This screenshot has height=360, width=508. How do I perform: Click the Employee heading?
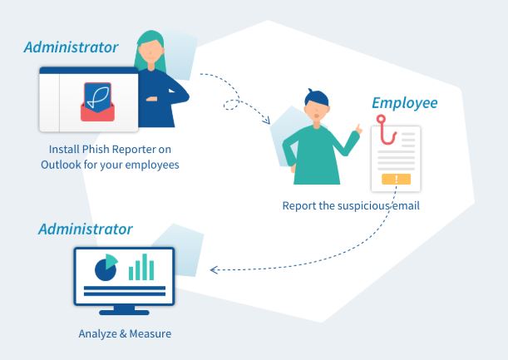[405, 103]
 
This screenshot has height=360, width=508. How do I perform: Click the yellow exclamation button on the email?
[396, 179]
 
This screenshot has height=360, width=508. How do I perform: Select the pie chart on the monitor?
[106, 268]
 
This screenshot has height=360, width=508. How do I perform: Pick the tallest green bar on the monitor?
[145, 267]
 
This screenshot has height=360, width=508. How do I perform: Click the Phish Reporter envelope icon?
[97, 101]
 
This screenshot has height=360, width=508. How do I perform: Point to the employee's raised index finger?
[358, 128]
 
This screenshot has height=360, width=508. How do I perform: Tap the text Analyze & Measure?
[125, 333]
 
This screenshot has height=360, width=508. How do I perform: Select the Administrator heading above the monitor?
[86, 229]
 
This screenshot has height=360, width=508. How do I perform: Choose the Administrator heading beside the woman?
[71, 47]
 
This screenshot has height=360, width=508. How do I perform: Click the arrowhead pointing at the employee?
[266, 120]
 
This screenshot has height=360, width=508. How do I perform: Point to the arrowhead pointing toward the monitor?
[214, 269]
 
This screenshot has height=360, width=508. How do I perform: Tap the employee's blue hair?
[317, 96]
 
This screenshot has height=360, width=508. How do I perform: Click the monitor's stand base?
[124, 313]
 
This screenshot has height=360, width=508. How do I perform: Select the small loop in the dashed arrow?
[231, 104]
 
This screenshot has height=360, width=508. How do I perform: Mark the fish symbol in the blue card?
[97, 96]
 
